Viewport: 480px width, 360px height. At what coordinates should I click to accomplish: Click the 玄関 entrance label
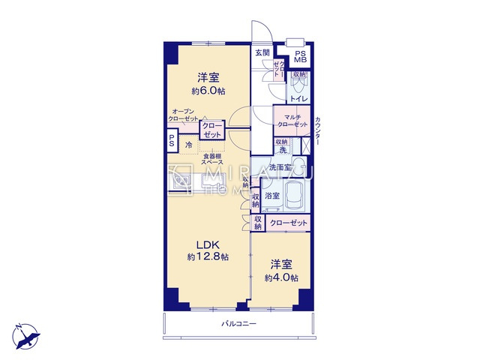tap(261, 52)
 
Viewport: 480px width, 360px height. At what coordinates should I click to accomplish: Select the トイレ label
tap(298, 97)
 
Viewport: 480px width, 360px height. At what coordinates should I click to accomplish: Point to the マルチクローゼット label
tap(292, 120)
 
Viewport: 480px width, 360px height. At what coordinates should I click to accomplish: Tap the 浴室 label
tap(271, 196)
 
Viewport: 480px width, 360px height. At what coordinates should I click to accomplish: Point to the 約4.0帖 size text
tap(281, 277)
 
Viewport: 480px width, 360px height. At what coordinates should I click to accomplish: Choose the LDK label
tap(208, 244)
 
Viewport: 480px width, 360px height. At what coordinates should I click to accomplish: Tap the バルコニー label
tap(238, 324)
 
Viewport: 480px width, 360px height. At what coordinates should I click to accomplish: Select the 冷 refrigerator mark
tap(189, 144)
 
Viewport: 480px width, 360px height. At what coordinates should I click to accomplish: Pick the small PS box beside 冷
tap(172, 140)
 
